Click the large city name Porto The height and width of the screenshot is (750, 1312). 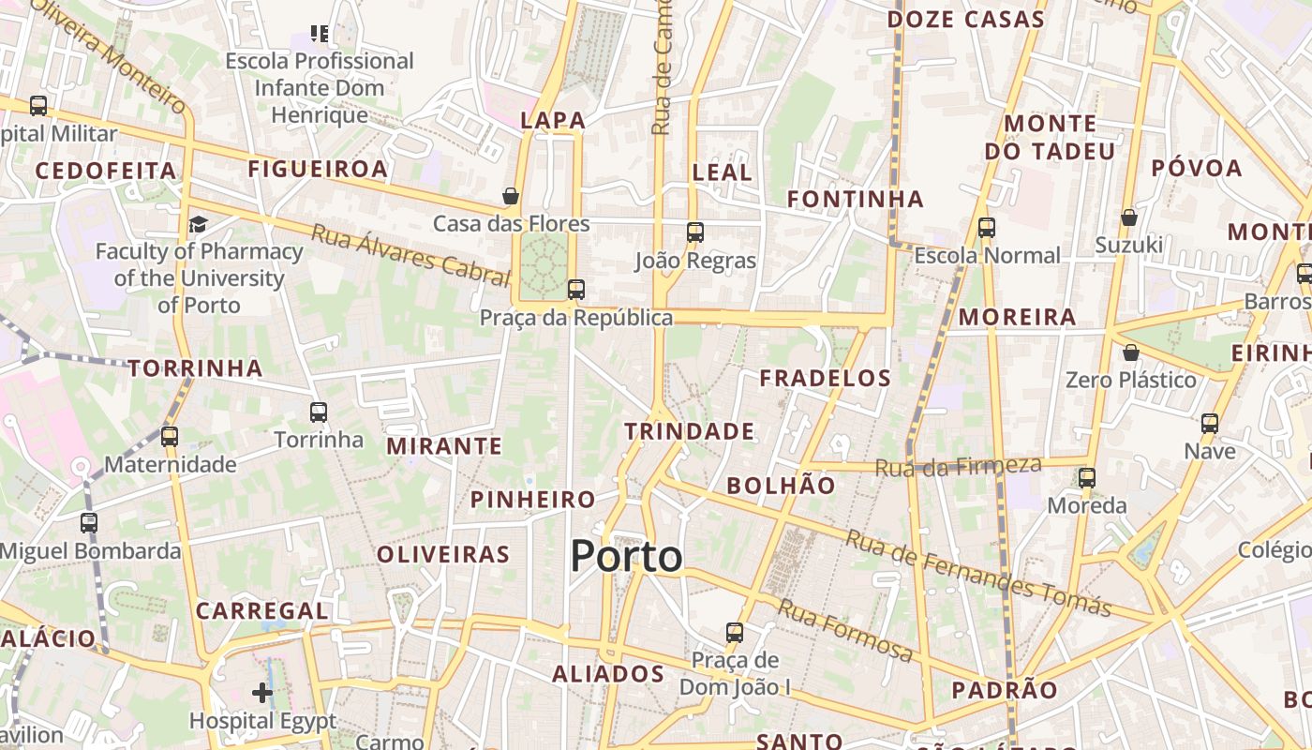click(x=626, y=557)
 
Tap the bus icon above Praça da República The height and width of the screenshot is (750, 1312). click(x=576, y=290)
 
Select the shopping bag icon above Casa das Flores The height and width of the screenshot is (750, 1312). click(x=511, y=196)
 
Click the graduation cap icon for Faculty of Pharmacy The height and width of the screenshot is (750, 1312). click(x=198, y=224)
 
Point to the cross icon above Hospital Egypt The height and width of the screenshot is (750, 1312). click(x=262, y=694)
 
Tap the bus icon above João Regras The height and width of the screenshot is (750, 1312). click(x=694, y=232)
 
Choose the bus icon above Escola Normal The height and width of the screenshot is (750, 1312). click(x=986, y=228)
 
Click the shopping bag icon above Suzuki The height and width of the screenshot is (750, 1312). click(x=1129, y=217)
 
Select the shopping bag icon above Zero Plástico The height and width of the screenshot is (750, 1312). click(x=1131, y=352)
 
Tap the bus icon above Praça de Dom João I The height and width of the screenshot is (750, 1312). click(x=735, y=633)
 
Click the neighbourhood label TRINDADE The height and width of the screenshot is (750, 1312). click(x=690, y=432)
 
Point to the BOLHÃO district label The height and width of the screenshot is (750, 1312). click(x=781, y=486)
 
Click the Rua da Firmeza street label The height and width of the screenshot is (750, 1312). click(x=958, y=466)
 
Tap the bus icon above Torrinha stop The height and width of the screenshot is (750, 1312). click(x=319, y=412)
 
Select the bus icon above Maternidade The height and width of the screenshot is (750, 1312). click(x=170, y=437)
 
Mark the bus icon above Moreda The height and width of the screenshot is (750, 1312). click(x=1087, y=478)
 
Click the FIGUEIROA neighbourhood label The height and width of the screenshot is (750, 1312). click(x=318, y=169)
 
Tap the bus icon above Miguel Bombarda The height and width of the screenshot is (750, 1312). click(x=89, y=523)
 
